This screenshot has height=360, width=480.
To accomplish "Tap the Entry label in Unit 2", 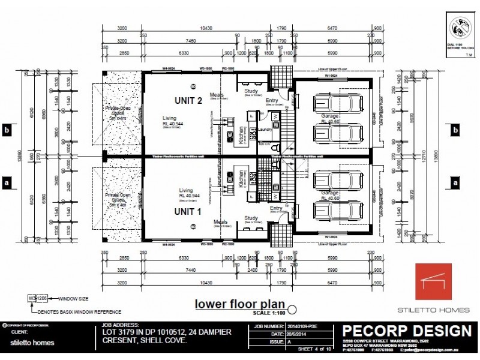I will click(x=272, y=100).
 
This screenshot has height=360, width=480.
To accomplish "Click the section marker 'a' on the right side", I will click(x=455, y=181).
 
